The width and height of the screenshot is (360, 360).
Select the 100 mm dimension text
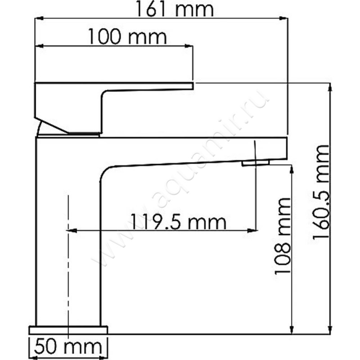(x=127, y=37)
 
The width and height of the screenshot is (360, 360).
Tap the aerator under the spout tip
(x=255, y=163)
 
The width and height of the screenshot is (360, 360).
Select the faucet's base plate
(x=68, y=330)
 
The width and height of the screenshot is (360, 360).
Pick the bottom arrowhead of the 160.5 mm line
(x=331, y=330)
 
